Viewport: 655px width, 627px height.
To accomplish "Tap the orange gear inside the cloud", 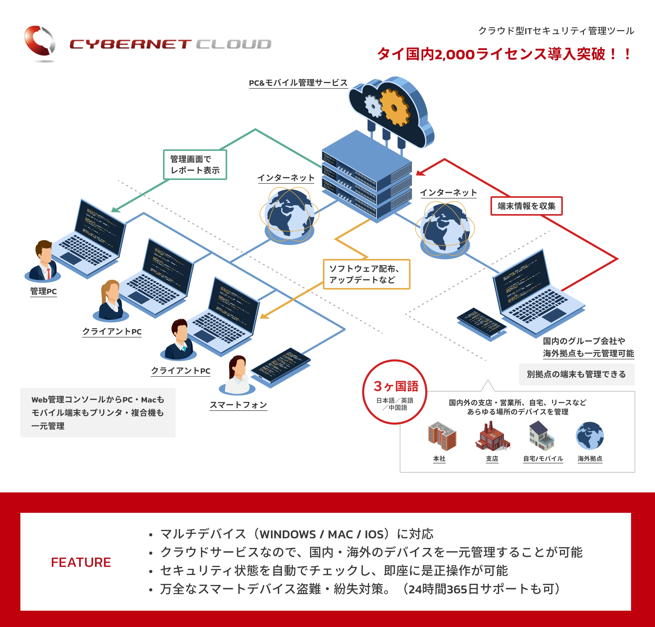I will click(x=394, y=107).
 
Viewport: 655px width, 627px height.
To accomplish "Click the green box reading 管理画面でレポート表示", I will click(x=195, y=165).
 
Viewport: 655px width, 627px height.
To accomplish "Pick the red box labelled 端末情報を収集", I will click(x=526, y=206).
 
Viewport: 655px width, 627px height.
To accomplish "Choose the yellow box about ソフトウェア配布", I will click(x=366, y=274).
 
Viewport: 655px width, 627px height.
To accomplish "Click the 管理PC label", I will click(x=44, y=291).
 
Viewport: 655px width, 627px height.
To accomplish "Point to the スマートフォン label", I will click(x=238, y=405).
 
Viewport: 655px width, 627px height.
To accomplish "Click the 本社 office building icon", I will click(x=442, y=436).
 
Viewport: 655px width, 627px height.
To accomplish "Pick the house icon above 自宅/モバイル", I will click(x=541, y=436).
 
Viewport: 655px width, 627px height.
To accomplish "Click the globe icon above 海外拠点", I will click(x=590, y=436).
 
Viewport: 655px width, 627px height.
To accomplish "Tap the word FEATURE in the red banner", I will click(x=81, y=563).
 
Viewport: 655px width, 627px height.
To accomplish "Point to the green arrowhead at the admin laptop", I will click(x=115, y=210).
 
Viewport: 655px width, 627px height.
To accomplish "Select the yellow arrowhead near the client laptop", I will click(x=264, y=316).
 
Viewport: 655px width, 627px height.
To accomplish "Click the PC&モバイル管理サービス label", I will click(x=298, y=83).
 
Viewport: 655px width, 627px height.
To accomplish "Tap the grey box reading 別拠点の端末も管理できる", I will click(x=576, y=374).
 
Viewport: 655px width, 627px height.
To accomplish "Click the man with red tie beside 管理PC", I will click(x=44, y=261).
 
